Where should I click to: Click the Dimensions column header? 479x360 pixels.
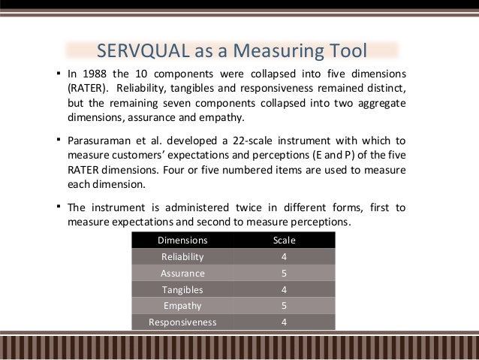tap(182, 241)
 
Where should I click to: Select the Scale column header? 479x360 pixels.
tap(284, 241)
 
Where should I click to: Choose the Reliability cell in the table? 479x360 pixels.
tap(182, 257)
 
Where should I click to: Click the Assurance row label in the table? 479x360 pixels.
tap(182, 274)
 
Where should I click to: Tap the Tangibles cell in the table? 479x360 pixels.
tap(182, 289)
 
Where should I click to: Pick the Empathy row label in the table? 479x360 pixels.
tap(182, 306)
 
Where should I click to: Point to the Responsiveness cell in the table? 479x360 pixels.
tap(182, 322)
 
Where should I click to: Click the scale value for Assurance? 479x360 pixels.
tap(284, 274)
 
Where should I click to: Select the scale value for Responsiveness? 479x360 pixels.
tap(284, 322)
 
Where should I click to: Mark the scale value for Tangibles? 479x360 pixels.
tap(284, 289)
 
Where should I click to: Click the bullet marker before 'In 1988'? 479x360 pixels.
tap(59, 74)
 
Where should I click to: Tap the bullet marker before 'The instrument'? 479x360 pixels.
tap(59, 206)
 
